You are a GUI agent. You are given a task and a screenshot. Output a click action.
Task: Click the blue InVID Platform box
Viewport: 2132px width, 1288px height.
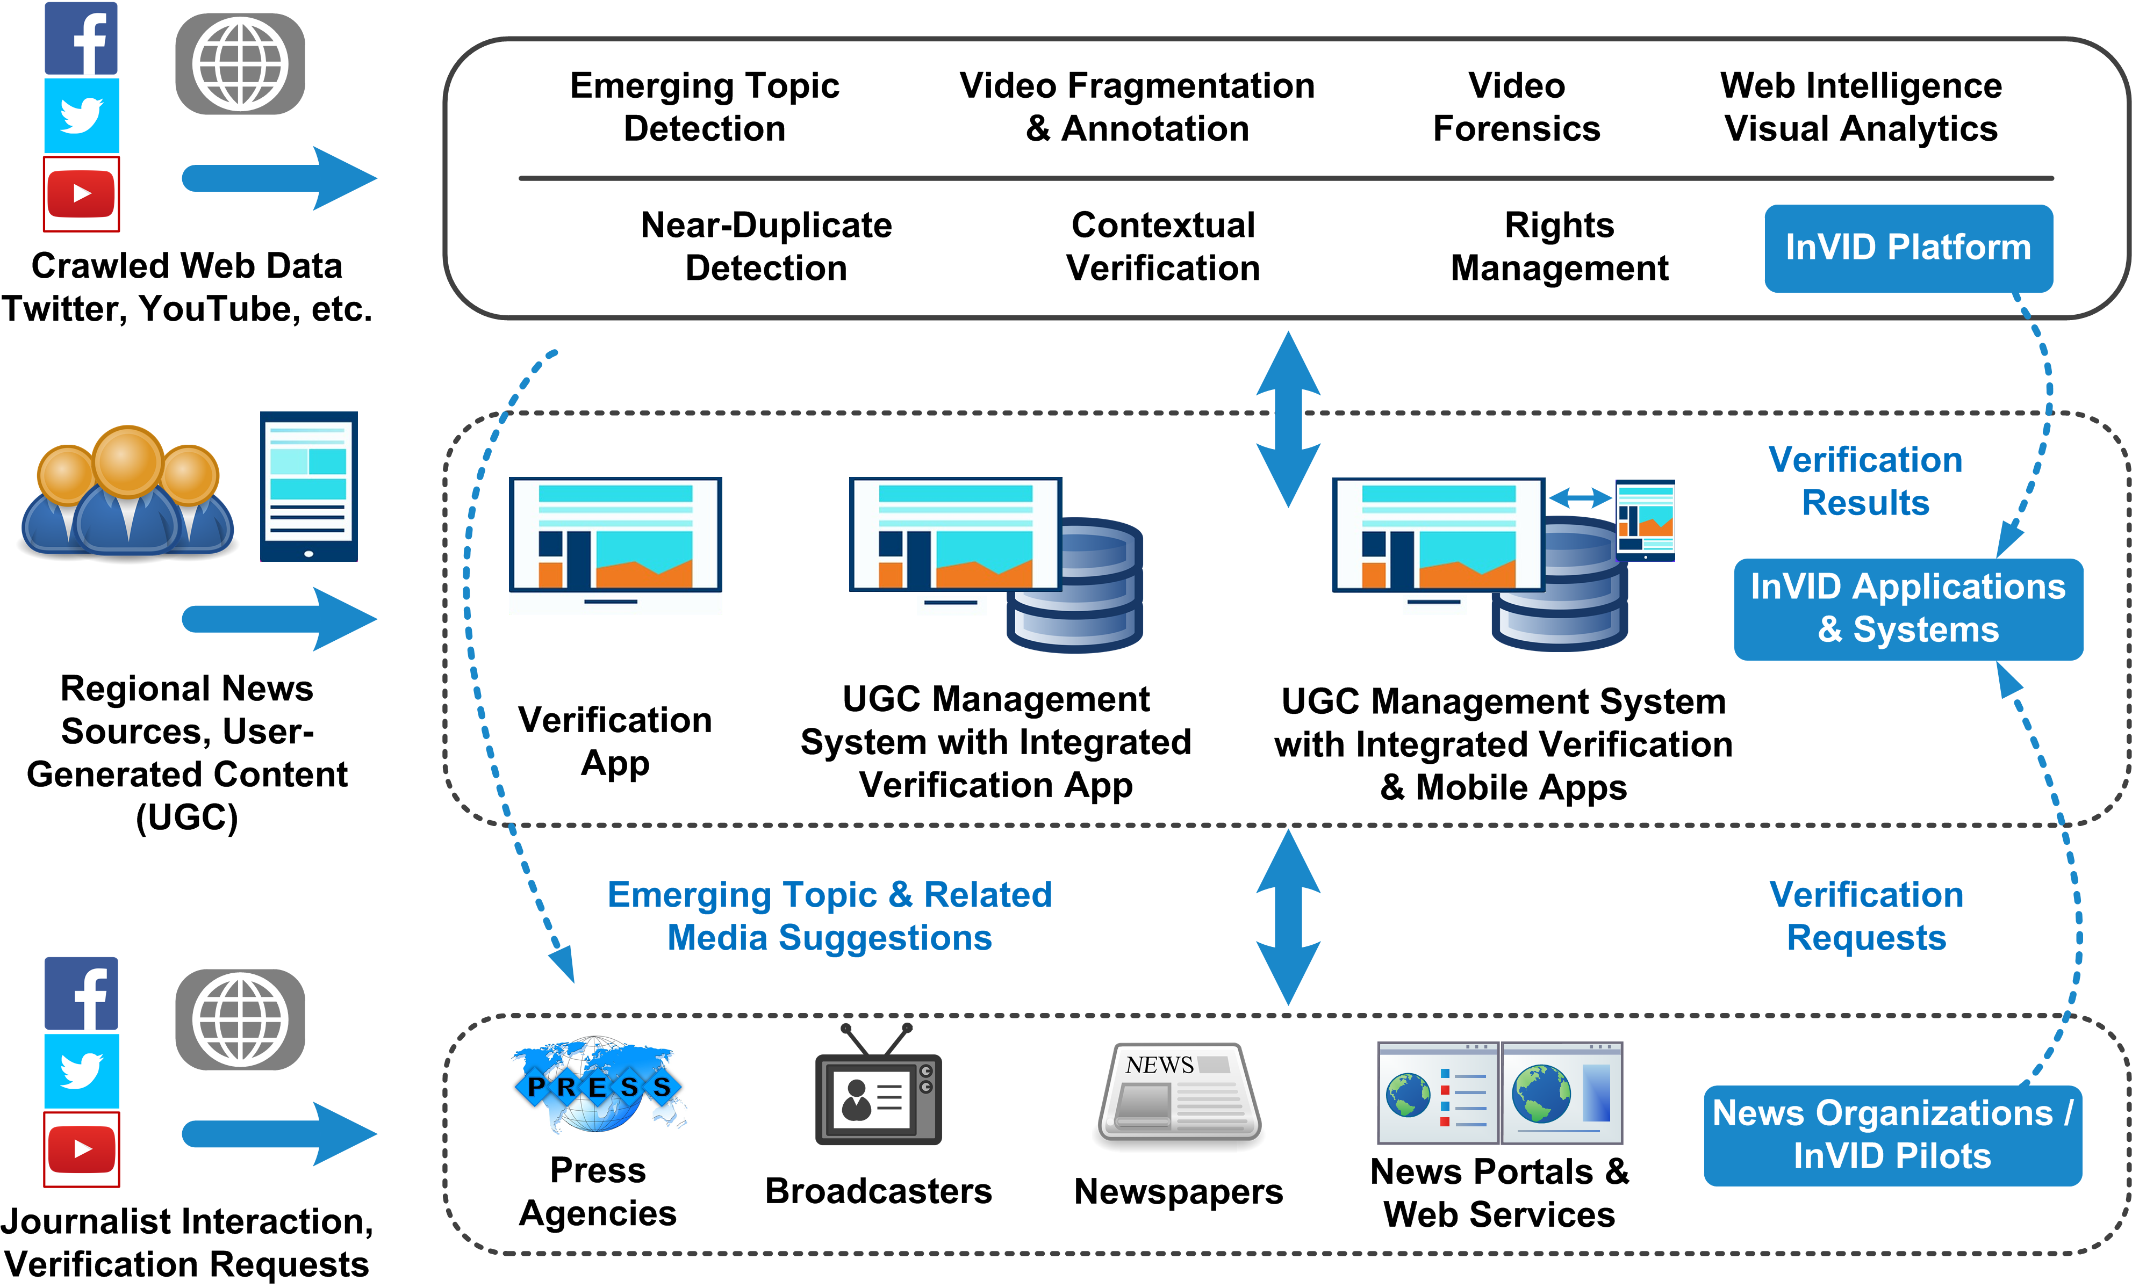coord(1908,248)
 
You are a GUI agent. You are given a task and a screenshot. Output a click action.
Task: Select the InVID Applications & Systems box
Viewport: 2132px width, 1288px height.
coord(1908,609)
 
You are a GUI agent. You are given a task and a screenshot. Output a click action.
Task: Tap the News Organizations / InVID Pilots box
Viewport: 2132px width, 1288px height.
coord(1892,1135)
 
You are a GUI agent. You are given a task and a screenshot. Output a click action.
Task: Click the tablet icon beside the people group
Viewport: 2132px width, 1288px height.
coord(309,486)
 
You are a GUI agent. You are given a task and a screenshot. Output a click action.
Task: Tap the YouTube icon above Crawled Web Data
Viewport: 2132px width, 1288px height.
coord(81,194)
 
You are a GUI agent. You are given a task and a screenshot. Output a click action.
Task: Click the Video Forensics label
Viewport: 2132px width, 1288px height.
coord(1516,107)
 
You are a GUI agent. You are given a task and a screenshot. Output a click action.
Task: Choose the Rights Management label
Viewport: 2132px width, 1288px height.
coord(1559,247)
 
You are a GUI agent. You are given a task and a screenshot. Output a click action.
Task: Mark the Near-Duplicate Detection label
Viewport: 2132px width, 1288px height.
coord(766,247)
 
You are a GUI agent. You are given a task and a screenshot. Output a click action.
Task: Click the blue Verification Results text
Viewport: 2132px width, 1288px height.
coord(1865,481)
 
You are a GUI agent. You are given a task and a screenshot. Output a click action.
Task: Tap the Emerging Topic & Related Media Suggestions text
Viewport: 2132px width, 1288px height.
coord(830,916)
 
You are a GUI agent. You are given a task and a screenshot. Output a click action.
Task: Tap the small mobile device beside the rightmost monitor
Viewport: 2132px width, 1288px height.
coord(1646,519)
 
